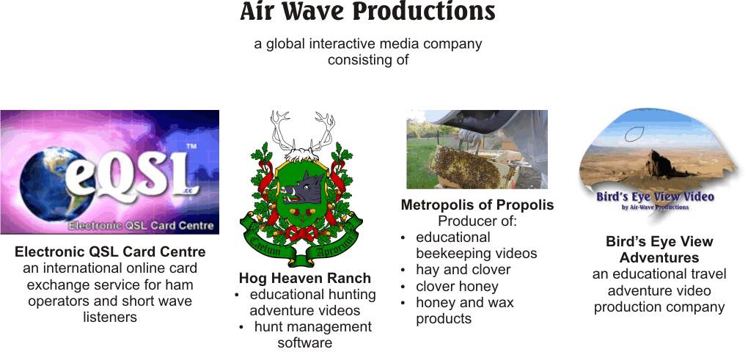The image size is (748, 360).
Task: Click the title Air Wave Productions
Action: [x=367, y=12]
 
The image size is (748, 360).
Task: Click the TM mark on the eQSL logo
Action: [x=191, y=147]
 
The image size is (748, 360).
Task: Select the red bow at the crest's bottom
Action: [x=301, y=234]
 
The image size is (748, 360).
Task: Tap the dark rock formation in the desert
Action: [x=662, y=164]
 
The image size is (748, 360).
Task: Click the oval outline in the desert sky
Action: [x=634, y=134]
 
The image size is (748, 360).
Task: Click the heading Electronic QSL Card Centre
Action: [x=110, y=251]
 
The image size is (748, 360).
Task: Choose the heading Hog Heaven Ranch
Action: [x=305, y=278]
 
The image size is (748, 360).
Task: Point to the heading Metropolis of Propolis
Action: [x=477, y=205]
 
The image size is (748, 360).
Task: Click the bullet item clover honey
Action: [x=457, y=287]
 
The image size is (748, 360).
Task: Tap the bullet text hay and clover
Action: [x=463, y=270]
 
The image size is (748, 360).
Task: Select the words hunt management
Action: [x=313, y=327]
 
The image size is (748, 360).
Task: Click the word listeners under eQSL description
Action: [x=110, y=317]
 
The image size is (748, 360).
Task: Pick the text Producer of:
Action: [x=477, y=221]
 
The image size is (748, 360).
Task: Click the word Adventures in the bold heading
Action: [x=659, y=258]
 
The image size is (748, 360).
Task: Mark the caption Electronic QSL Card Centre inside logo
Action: [x=141, y=226]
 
